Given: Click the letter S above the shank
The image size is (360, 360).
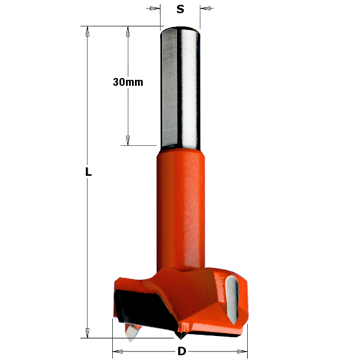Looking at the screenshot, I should [x=180, y=9].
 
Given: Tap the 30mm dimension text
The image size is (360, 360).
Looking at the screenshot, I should [x=128, y=82].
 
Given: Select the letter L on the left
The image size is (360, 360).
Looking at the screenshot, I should [x=88, y=172].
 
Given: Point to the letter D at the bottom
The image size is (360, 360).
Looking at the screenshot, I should [x=180, y=351].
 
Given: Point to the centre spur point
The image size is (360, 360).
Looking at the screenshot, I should [x=182, y=334].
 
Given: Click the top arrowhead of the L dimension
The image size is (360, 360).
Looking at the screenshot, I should [x=88, y=31].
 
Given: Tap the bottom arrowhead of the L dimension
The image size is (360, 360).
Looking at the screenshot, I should [x=88, y=332].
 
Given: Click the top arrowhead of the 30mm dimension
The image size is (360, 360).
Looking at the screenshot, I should [x=128, y=31].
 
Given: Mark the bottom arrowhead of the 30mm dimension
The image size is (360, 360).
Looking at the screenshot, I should [x=128, y=140].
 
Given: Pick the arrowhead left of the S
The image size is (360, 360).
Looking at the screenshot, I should [x=157, y=8].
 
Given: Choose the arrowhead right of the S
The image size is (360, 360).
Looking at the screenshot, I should [x=203, y=8].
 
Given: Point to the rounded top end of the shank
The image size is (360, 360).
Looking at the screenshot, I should [x=181, y=30].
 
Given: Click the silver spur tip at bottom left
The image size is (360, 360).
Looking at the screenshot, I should [x=130, y=334].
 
